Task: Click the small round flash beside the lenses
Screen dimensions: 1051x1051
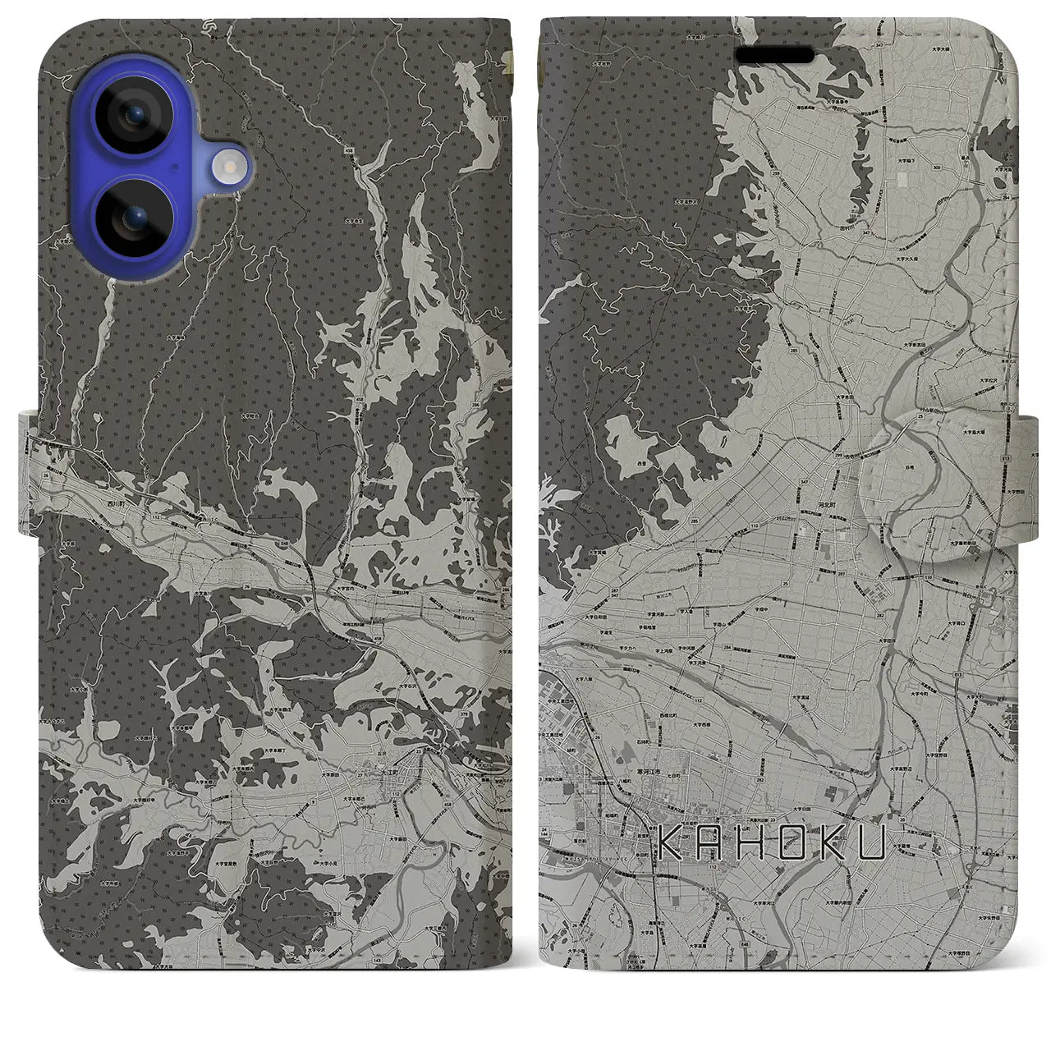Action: click(x=229, y=167)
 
